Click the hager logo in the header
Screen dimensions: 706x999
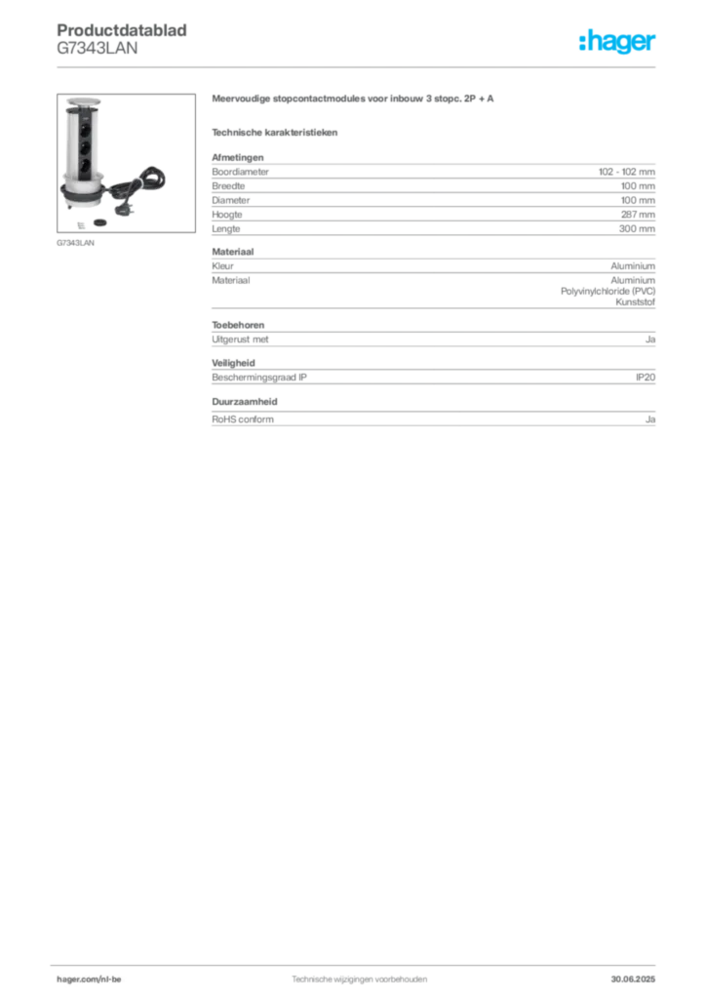tap(616, 42)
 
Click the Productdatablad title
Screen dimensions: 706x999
tap(122, 30)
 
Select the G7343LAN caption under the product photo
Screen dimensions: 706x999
tap(75, 243)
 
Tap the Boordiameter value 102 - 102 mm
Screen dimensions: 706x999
tap(626, 172)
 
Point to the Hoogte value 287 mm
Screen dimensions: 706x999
tap(638, 214)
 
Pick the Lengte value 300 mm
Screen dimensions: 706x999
tap(637, 228)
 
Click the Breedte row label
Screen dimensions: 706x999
tap(228, 185)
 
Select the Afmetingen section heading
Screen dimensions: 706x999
tap(238, 157)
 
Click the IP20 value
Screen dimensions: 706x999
tap(646, 378)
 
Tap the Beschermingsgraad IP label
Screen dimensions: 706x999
tap(259, 378)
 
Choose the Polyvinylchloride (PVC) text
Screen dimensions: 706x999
tap(608, 291)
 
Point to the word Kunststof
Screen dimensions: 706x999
tap(636, 302)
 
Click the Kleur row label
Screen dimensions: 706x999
tap(222, 265)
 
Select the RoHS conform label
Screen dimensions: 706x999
tap(243, 420)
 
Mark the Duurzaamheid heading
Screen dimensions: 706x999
tap(245, 401)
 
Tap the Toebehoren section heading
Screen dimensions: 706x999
tap(238, 325)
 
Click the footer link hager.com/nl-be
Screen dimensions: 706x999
tap(89, 979)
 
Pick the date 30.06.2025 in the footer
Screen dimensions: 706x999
tap(633, 979)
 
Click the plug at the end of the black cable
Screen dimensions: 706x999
tap(122, 208)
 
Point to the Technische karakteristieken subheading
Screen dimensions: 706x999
tap(274, 133)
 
